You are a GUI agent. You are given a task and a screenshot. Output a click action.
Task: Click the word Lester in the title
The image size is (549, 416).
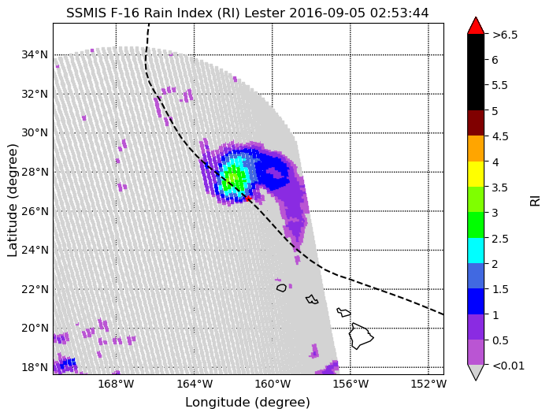click(265, 13)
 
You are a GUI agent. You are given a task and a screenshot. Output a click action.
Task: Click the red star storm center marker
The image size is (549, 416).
click(248, 199)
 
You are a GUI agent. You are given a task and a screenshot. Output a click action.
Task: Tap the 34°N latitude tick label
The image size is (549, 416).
click(35, 55)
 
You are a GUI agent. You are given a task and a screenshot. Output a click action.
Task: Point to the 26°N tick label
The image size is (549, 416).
click(35, 211)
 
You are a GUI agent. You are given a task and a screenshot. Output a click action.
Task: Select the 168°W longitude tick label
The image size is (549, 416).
click(117, 384)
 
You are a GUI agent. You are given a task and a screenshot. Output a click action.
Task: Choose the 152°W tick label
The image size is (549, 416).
click(428, 384)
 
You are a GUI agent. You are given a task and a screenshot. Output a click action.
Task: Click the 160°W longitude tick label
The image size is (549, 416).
click(273, 384)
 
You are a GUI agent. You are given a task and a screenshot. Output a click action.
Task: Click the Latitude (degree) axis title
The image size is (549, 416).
click(12, 200)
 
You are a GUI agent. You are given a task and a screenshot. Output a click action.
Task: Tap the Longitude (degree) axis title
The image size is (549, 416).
click(247, 403)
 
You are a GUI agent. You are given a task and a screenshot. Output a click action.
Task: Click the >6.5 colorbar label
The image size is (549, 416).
click(505, 35)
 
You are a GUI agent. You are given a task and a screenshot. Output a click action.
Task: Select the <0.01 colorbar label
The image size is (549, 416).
click(508, 366)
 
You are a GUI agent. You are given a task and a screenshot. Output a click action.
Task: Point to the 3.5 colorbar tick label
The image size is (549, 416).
click(500, 188)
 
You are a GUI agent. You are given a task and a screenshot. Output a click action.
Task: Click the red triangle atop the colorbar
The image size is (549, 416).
click(476, 25)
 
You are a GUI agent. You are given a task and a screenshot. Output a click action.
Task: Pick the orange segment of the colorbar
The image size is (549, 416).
click(476, 148)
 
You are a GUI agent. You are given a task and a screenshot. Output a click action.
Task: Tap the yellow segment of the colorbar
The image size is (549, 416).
click(476, 174)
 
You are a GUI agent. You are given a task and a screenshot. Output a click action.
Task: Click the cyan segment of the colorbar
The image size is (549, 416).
click(476, 251)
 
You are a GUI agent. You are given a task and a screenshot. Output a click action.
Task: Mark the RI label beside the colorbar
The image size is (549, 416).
click(536, 200)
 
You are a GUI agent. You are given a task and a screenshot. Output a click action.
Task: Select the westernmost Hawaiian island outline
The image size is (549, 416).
click(281, 288)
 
